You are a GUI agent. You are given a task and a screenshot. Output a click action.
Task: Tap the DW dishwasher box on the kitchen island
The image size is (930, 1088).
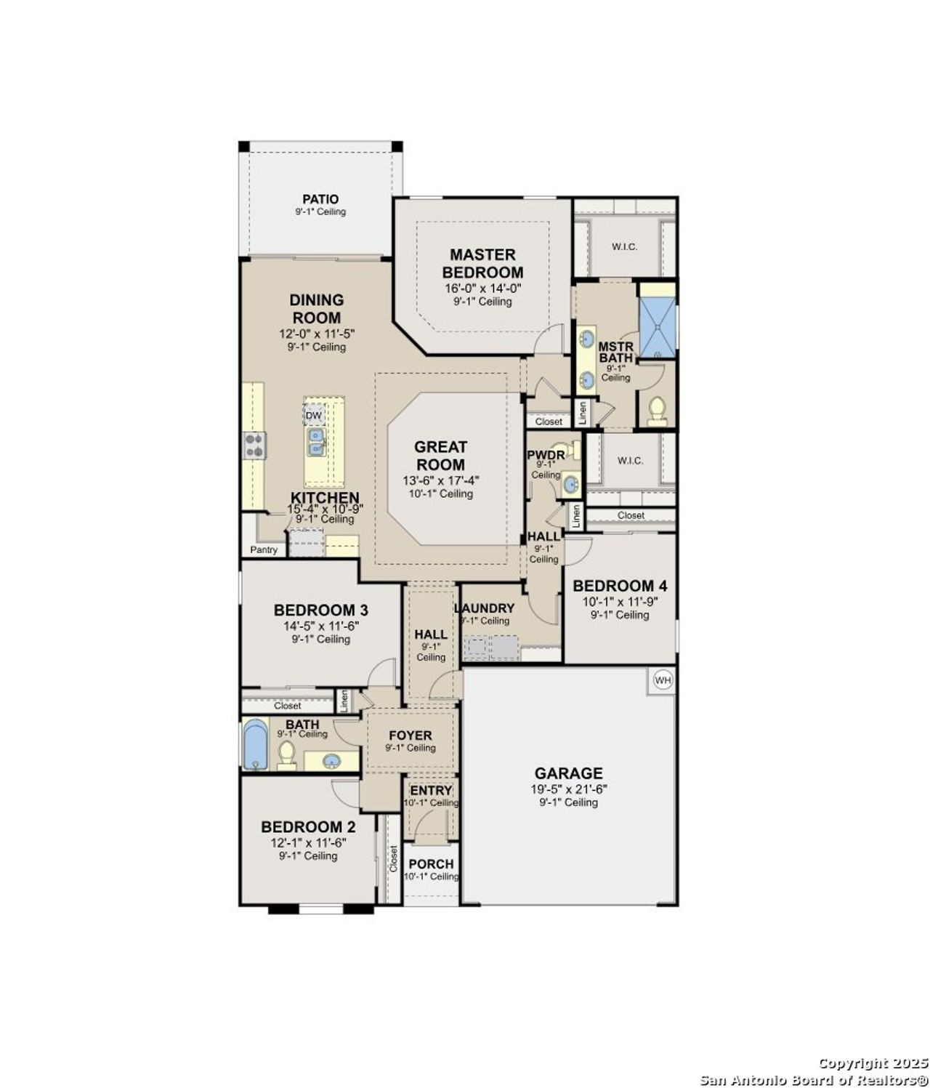(313, 416)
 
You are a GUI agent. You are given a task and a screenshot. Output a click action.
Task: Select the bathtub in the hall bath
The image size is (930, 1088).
(255, 744)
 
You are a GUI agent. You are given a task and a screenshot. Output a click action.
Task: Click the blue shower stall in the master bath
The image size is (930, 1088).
(657, 327)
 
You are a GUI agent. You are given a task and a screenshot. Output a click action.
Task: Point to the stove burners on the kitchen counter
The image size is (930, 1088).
(254, 445)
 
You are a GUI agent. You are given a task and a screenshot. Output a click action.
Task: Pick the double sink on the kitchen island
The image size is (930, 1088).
(317, 442)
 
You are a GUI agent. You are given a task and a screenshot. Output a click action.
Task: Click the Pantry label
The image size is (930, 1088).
(264, 550)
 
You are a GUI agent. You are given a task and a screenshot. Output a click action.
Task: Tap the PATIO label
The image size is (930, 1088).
(320, 199)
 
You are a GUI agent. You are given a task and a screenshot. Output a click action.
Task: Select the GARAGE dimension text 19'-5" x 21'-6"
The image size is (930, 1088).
(569, 789)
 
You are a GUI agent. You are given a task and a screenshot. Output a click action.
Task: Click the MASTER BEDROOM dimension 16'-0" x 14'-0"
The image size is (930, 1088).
(482, 288)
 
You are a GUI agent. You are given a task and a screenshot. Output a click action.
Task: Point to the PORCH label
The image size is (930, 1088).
(431, 864)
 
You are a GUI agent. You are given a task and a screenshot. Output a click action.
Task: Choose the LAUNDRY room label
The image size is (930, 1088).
(485, 608)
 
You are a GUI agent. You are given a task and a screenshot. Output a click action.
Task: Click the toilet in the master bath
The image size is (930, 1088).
(657, 411)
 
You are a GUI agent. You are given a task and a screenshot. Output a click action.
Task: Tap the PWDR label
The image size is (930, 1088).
(546, 455)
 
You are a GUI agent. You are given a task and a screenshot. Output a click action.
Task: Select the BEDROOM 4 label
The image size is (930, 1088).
(620, 586)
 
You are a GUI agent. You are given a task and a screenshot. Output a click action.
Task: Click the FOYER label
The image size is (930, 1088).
(411, 736)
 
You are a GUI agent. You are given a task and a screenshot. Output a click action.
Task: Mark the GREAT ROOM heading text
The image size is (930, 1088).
(440, 456)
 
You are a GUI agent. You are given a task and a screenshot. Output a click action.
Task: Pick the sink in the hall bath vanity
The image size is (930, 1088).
(331, 761)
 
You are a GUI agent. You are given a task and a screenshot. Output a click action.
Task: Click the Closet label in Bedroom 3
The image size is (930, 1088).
(288, 706)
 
